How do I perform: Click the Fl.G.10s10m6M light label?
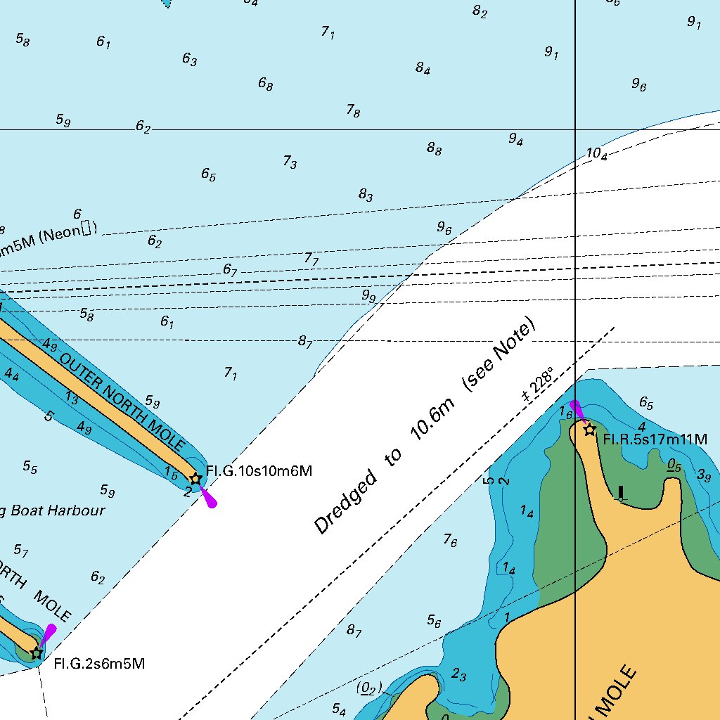259,471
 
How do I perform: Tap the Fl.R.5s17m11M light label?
655,439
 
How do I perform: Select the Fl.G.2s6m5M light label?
99,663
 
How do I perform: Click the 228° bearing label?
538,384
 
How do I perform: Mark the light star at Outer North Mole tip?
196,479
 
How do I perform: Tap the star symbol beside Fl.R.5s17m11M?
590,429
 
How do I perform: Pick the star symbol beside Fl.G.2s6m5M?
37,652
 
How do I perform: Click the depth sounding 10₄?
597,154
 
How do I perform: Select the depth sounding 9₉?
368,297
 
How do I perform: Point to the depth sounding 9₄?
516,139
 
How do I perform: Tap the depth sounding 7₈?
353,110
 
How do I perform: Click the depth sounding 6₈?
265,84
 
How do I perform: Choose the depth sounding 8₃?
366,195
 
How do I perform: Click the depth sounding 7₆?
450,540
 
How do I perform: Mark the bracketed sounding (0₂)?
368,688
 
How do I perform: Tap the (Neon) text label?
67,233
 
